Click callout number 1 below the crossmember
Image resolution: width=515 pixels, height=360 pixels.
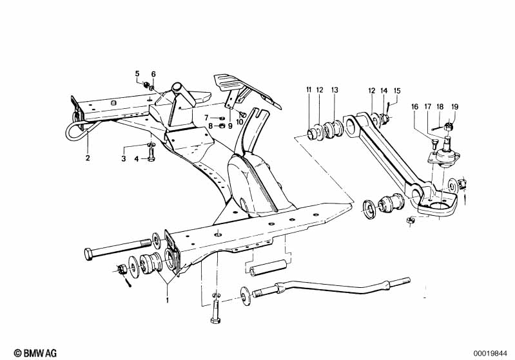click(x=167, y=300)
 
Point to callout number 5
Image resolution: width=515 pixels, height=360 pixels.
click(x=137, y=74)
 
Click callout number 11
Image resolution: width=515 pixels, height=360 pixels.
click(x=309, y=90)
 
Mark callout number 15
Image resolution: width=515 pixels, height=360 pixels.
click(x=397, y=91)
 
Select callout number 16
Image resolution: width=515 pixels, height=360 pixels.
click(x=414, y=107)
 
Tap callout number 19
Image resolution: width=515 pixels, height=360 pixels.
click(x=454, y=107)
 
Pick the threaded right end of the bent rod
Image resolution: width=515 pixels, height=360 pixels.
click(x=399, y=282)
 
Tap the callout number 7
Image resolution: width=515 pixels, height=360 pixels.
click(x=206, y=118)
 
